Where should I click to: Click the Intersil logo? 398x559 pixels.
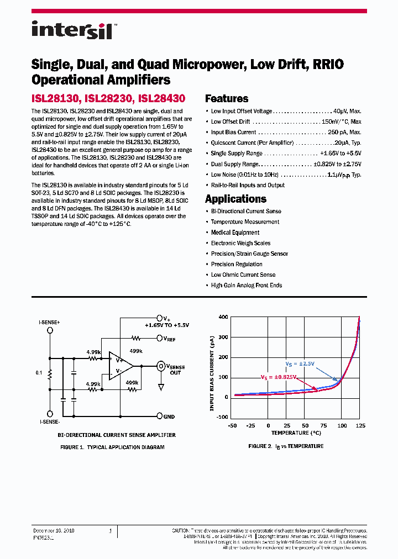click(x=72, y=30)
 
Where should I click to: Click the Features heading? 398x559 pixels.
click(x=227, y=99)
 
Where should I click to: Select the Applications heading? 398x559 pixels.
click(x=235, y=199)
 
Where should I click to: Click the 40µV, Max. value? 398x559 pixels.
click(x=347, y=111)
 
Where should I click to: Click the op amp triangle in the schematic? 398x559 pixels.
click(x=121, y=366)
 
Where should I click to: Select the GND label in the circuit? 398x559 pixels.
click(x=169, y=416)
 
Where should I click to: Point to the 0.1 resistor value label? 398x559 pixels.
click(x=39, y=373)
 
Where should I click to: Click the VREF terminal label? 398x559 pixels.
click(x=169, y=338)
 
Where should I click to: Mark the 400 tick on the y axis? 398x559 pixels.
click(x=223, y=317)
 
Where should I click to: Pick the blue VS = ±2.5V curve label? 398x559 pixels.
click(x=300, y=363)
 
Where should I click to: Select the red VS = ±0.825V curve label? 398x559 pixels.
click(x=279, y=377)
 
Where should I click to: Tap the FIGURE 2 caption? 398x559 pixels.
click(x=286, y=446)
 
